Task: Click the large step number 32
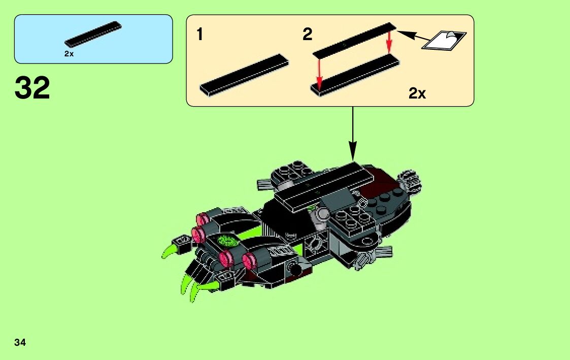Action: click(32, 88)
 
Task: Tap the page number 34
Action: click(20, 342)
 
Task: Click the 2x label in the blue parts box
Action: click(69, 54)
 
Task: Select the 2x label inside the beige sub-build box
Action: click(417, 93)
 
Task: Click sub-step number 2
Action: click(307, 35)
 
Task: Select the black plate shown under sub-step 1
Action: click(244, 75)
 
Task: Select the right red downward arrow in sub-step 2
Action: click(389, 42)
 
